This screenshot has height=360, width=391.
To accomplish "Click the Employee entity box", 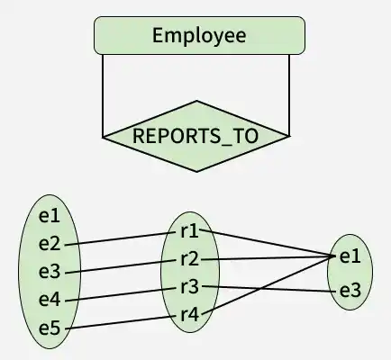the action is coord(199,35).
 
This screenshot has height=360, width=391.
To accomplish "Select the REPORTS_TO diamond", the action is coord(196,136).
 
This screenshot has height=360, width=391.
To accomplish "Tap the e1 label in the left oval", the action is coord(50,216).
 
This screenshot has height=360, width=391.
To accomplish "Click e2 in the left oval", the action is coord(50,244).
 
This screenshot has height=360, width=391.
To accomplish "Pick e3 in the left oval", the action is coord(50,272).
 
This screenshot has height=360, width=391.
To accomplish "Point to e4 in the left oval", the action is coord(50,300).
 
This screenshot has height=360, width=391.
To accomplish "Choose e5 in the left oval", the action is coord(50,328).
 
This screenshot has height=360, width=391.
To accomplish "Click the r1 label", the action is coord(189,231).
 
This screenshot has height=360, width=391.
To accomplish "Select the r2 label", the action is coord(190,259).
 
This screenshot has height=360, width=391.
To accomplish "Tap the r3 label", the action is coord(190,287).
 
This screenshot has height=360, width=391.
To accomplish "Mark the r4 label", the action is coord(190,315).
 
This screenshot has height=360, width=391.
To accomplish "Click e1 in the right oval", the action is coord(350,256).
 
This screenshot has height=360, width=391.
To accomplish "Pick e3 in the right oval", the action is coord(350,291).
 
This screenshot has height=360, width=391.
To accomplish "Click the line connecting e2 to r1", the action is coord(120,238).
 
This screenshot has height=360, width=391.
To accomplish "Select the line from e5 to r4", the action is coord(120,323).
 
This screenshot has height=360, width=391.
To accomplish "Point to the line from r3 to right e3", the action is coord(268,289).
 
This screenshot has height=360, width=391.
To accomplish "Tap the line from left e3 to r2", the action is coord(120,266).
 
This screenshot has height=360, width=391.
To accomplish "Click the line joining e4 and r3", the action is coord(120,294).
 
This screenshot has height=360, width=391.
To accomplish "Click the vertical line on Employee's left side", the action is coord(103,95).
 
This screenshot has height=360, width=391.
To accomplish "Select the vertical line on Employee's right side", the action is coord(289,95).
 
